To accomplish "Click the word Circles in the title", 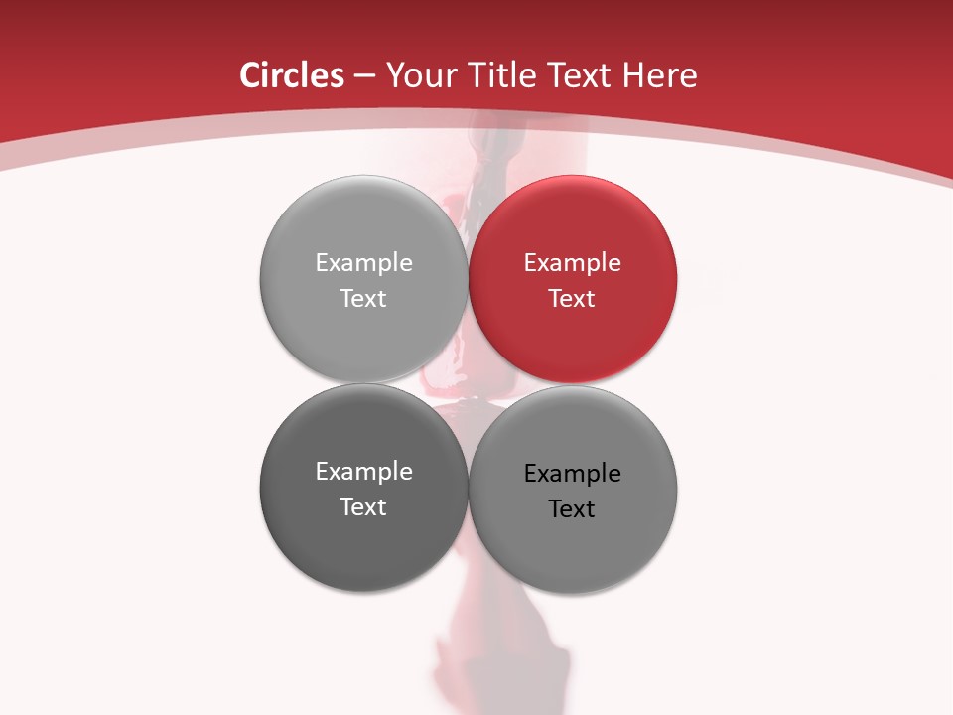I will pos(292,75).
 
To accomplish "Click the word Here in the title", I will pos(662,75).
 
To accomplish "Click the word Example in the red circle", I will pos(573,263).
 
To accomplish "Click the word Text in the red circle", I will pos(573,299).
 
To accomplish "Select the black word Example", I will pos(573,474).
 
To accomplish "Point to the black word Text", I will pos(573,509).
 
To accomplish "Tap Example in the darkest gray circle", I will pos(363,472).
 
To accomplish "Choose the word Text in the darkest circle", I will pos(363,507).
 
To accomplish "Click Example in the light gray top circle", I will pos(363,263).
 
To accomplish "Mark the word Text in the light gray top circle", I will pos(363,299).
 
